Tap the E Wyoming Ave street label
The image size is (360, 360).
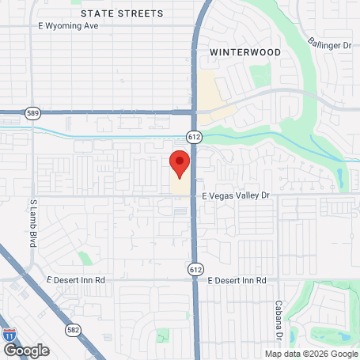68,25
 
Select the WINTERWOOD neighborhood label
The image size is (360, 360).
245,51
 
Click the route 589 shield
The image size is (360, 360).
32,112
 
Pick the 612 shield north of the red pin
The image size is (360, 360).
195,137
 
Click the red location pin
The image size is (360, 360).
180,162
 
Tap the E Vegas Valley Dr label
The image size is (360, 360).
236,195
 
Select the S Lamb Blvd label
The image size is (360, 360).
33,224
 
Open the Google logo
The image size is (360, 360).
26,349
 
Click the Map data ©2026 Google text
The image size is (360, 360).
310,354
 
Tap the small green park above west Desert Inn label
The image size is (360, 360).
85,259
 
